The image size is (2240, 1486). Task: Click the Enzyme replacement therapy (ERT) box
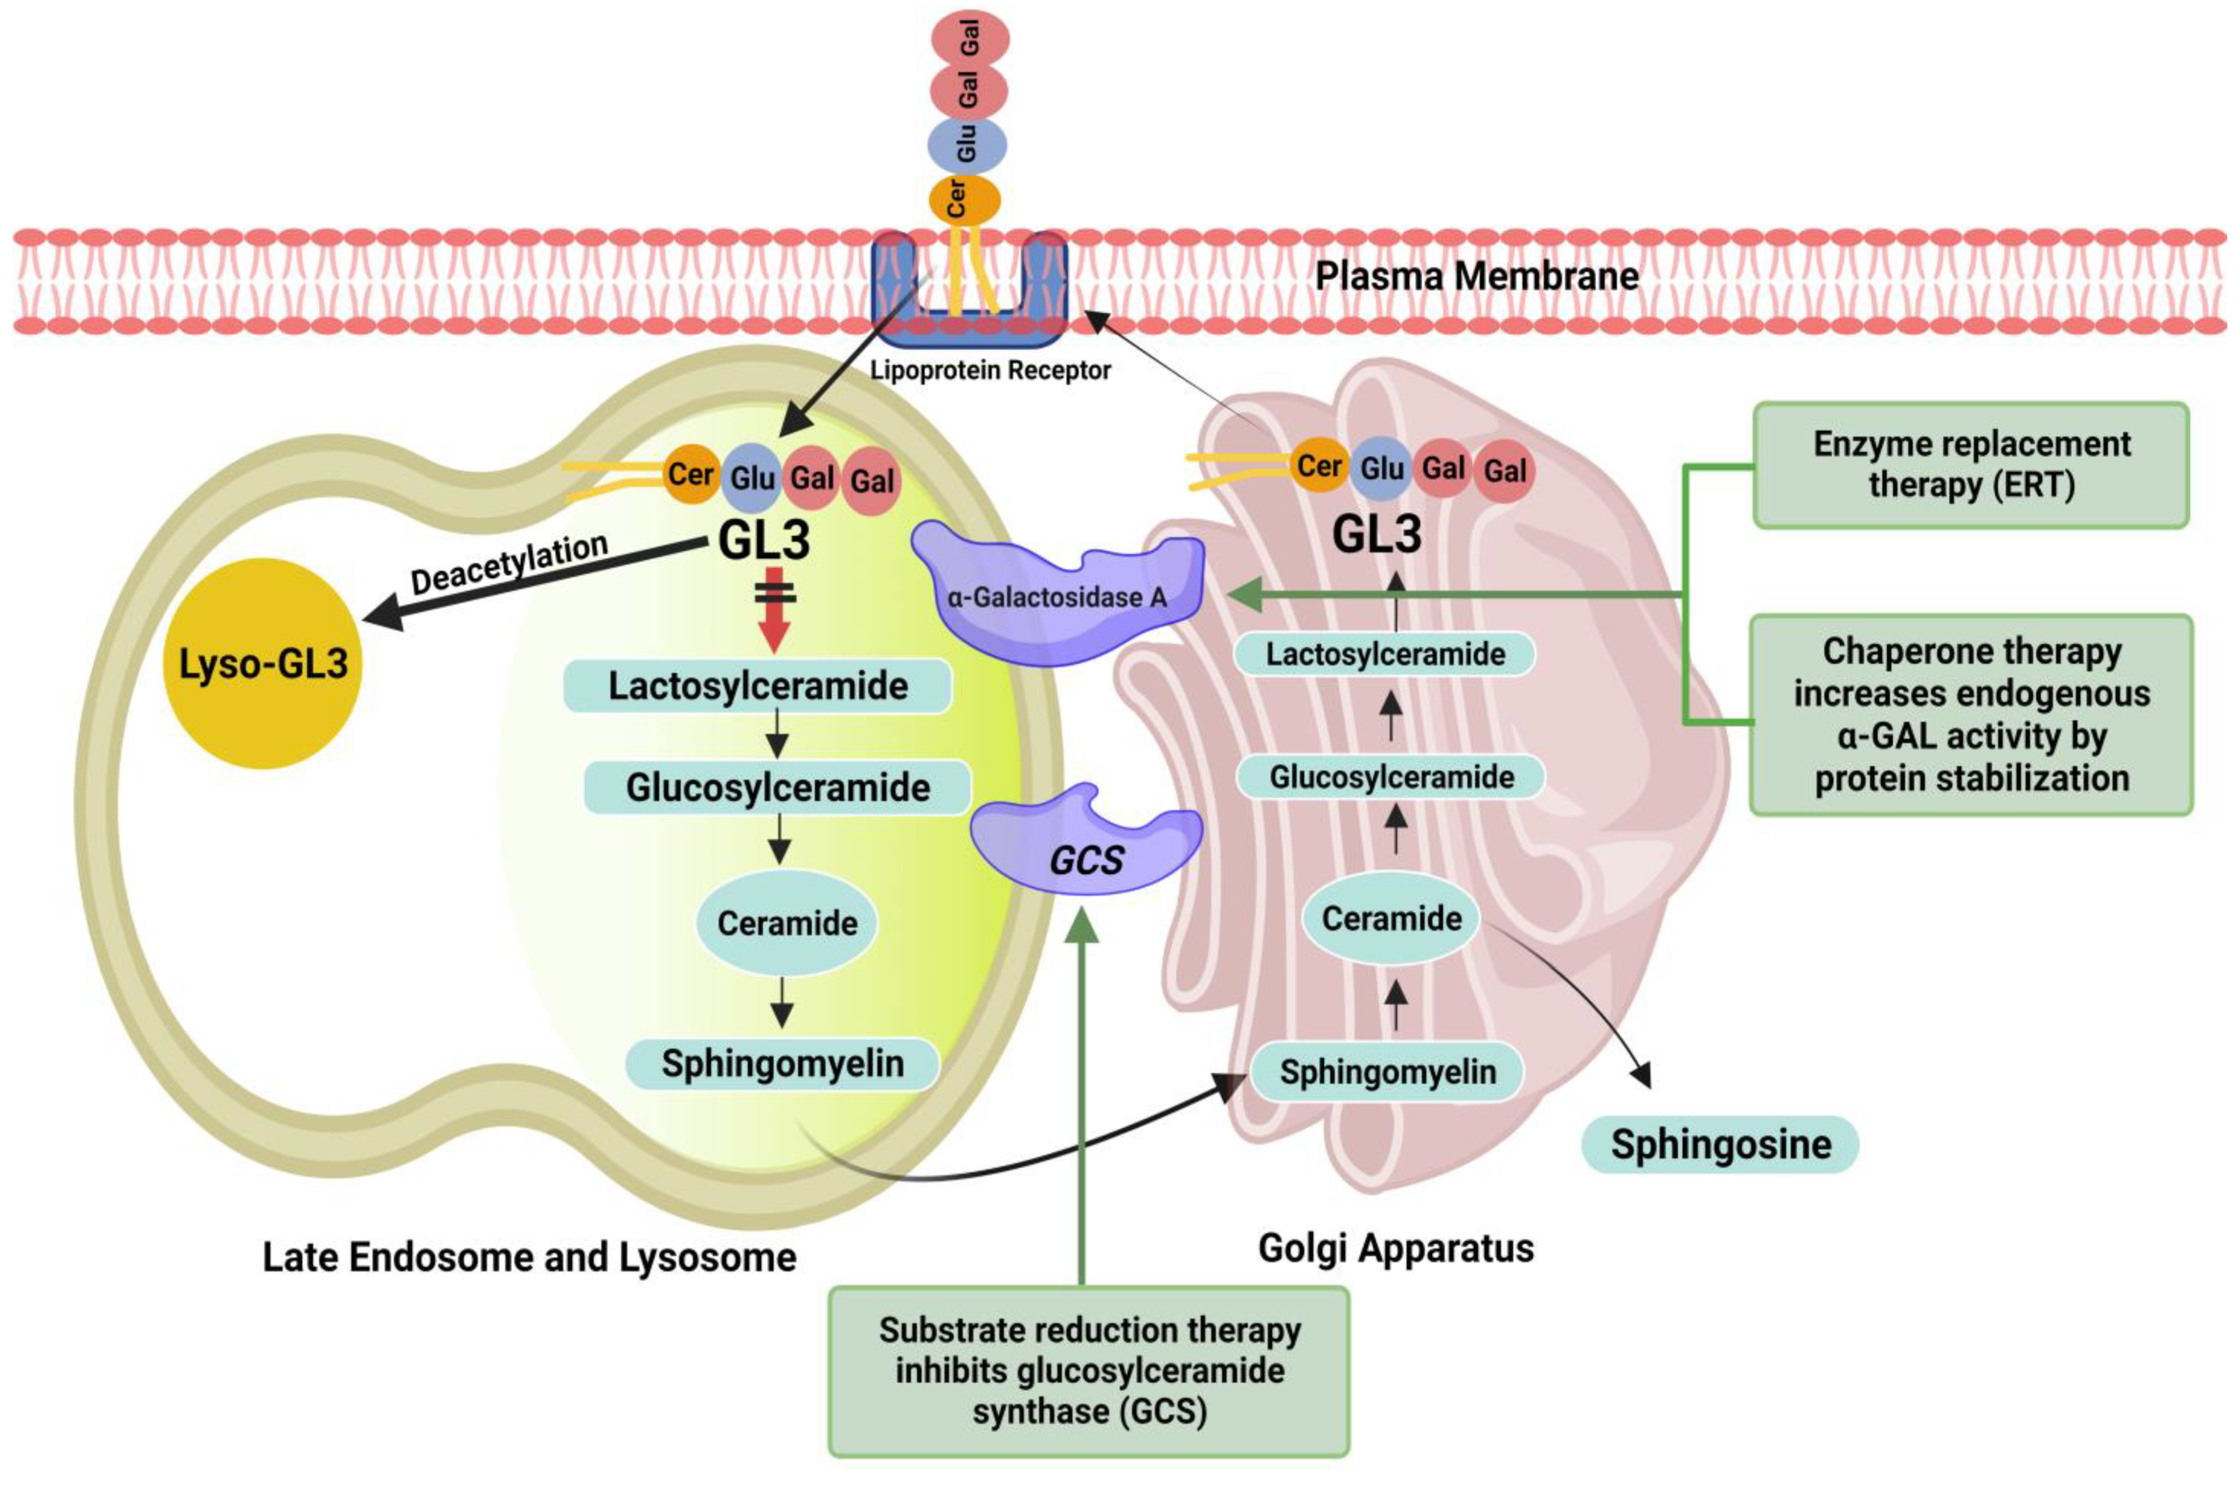[x=1971, y=465]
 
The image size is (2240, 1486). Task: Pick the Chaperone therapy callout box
[x=1971, y=715]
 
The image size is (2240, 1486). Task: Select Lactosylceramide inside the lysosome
[x=758, y=685]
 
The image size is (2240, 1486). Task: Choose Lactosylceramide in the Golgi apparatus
[x=1385, y=654]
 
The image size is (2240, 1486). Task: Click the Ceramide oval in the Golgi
[x=1391, y=917]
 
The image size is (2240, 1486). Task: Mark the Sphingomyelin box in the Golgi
[x=1387, y=1072]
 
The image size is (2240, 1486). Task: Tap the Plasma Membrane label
[x=1476, y=276]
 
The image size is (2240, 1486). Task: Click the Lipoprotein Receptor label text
[x=990, y=370]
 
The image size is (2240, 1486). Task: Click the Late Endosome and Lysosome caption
[x=529, y=1258]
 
